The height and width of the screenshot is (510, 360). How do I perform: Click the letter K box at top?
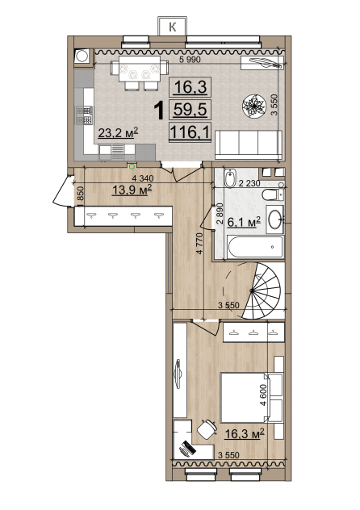click(173, 26)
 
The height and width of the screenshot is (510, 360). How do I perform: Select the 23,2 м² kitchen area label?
click(119, 132)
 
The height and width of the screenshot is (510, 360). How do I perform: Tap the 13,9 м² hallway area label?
click(132, 190)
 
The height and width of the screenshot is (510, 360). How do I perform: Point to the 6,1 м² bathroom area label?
click(244, 222)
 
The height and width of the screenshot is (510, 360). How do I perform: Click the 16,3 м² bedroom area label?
click(245, 433)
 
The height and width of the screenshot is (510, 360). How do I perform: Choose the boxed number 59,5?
click(190, 109)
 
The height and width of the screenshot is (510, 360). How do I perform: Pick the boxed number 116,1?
click(190, 132)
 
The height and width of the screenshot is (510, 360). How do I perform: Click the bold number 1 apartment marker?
click(159, 110)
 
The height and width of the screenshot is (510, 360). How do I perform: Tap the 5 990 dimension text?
click(190, 60)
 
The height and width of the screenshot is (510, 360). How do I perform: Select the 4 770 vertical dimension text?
click(199, 243)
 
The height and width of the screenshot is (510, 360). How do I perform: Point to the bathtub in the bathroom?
click(255, 247)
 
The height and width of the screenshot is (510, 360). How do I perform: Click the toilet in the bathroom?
click(273, 194)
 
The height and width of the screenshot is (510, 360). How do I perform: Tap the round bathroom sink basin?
click(275, 219)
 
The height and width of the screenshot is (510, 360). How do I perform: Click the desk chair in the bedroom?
click(207, 429)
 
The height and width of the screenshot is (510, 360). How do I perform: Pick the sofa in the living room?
click(249, 144)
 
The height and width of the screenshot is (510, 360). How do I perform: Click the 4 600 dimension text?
click(263, 395)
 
